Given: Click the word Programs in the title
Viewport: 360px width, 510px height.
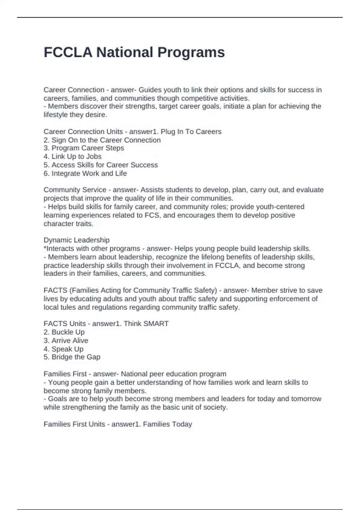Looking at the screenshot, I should [191, 52].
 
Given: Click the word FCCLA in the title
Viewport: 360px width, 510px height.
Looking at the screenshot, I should [68, 52].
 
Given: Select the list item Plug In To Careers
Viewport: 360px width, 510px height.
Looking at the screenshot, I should [191, 132].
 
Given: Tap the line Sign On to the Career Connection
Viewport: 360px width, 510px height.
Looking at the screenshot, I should [102, 140].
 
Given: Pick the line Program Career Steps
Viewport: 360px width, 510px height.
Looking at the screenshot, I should [84, 148].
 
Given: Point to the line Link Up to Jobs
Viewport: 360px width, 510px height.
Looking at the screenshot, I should [73, 157].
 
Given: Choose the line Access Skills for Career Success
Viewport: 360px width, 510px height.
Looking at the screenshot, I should [100, 165].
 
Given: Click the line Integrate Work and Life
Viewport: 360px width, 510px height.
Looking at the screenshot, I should [85, 173].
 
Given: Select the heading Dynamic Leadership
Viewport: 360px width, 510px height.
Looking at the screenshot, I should [76, 240].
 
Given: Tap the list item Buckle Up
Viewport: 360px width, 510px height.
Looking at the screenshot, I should [64, 332].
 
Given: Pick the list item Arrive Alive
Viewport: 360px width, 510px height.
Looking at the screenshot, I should [66, 340].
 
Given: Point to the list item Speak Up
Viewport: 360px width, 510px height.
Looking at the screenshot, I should [64, 349].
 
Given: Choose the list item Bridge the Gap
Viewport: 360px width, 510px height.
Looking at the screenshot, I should [72, 357].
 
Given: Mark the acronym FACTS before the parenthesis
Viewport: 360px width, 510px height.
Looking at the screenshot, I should [55, 290].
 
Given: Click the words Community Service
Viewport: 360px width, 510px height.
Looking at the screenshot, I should [75, 190].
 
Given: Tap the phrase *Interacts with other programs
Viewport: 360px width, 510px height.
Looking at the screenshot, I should [92, 249].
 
